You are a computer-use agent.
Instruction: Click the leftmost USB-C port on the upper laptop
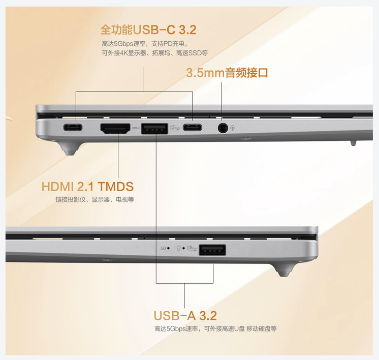coord(73,127)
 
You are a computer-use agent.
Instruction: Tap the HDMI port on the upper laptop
coord(115,129)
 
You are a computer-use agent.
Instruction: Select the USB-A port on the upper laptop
coord(154,129)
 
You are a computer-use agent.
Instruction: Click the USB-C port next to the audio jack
coord(192,127)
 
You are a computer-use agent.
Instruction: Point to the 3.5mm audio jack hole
coord(223,128)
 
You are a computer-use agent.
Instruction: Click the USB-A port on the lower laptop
coord(212,250)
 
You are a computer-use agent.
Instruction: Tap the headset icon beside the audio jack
coord(232,128)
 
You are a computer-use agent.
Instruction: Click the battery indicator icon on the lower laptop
coord(163,248)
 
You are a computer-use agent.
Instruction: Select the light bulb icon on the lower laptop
coord(179,248)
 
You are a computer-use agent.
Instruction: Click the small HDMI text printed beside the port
coord(136,128)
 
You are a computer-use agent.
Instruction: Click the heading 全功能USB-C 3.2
coord(148,30)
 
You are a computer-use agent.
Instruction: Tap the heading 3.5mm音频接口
coord(227,73)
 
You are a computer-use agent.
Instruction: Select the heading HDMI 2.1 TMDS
coord(87,187)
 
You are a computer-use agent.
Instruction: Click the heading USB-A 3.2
coord(185,315)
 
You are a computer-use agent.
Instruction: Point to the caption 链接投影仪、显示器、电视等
coord(94,200)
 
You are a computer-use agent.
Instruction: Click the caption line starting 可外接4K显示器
coord(154,53)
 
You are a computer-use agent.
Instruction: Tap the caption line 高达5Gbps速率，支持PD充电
coord(145,44)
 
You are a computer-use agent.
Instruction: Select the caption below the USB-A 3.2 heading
coord(215,329)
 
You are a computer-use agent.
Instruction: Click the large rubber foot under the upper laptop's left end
coord(71,148)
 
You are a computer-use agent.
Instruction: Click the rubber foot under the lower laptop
coord(283,270)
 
